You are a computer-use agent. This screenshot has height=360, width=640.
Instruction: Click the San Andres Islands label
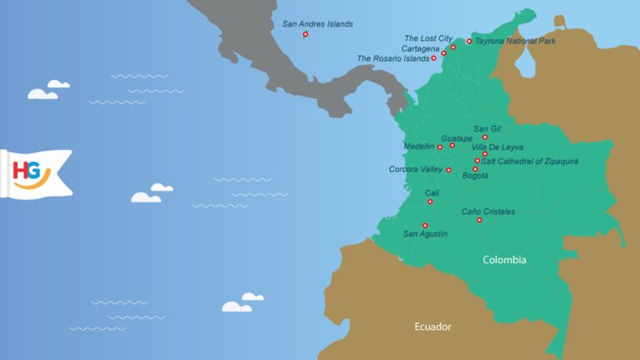pyautogui.click(x=317, y=24)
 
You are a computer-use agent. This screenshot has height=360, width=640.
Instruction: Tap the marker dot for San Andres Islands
pyautogui.click(x=306, y=34)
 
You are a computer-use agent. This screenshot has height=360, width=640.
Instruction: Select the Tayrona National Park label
pyautogui.click(x=515, y=40)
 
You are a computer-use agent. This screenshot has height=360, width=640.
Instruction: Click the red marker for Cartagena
pyautogui.click(x=444, y=52)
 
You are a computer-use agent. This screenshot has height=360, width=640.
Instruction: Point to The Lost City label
pyautogui.click(x=428, y=38)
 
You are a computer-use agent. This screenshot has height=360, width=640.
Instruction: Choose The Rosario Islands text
pyautogui.click(x=392, y=58)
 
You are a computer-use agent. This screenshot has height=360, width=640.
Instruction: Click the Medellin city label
pyautogui.click(x=418, y=146)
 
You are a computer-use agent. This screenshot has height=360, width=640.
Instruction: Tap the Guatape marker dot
pyautogui.click(x=452, y=146)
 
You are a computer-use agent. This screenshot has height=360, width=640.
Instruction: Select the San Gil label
pyautogui.click(x=487, y=128)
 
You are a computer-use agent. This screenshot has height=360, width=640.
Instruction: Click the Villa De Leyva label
pyautogui.click(x=497, y=147)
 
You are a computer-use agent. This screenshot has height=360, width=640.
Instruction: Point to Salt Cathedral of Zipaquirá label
pyautogui.click(x=530, y=161)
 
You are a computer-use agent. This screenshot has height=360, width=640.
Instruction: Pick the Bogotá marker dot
pyautogui.click(x=475, y=169)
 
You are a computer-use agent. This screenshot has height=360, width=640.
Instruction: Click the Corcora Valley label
pyautogui.click(x=416, y=169)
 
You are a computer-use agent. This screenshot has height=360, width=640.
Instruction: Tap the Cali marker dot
pyautogui.click(x=430, y=202)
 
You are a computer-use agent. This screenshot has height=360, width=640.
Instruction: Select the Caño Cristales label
pyautogui.click(x=488, y=212)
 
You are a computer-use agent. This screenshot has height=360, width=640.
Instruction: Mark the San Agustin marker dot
pyautogui.click(x=425, y=225)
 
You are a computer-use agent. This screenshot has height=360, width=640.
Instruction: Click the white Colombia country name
pyautogui.click(x=504, y=260)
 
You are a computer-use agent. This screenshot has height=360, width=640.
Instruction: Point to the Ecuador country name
pyautogui.click(x=432, y=327)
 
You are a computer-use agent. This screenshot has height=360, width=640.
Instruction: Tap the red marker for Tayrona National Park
pyautogui.click(x=469, y=41)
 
